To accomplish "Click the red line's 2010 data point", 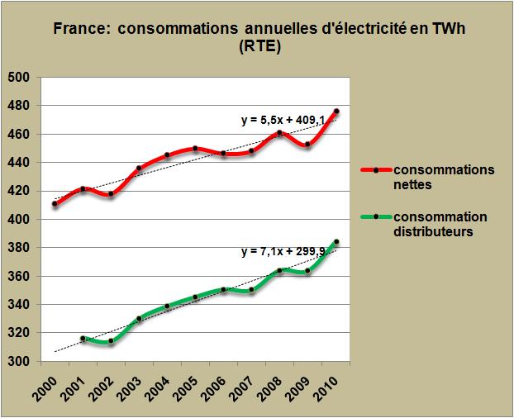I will [x=336, y=112].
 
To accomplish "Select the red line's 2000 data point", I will [x=55, y=204].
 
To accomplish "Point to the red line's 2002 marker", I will [x=111, y=194].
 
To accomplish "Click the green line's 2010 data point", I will [x=336, y=242].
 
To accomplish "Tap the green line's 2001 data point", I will [x=83, y=339].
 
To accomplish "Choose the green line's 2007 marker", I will [x=252, y=290].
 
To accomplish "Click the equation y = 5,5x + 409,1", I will [x=282, y=121].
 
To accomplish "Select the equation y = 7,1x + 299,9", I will [x=282, y=252].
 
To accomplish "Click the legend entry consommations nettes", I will [x=445, y=176].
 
